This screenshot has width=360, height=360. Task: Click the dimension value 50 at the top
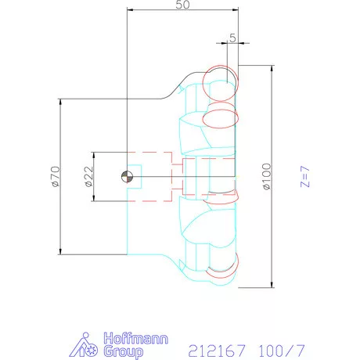182,5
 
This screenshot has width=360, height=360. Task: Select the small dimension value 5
232,38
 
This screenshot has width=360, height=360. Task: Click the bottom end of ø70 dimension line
60,254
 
